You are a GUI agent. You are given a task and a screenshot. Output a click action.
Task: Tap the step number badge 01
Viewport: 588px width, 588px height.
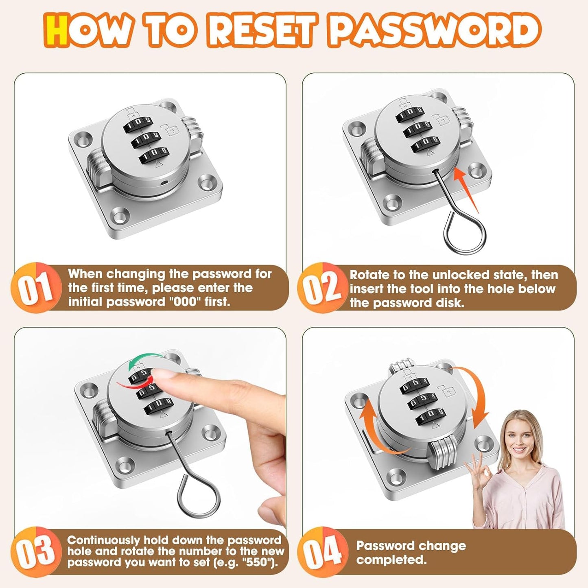pos(36,288)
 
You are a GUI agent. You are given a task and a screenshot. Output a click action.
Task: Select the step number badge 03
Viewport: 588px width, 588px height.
pos(35,551)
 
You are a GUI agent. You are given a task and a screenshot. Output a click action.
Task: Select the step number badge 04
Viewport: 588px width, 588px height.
pos(323,551)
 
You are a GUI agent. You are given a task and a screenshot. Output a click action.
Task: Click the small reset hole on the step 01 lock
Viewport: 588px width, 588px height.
pos(163,183)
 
